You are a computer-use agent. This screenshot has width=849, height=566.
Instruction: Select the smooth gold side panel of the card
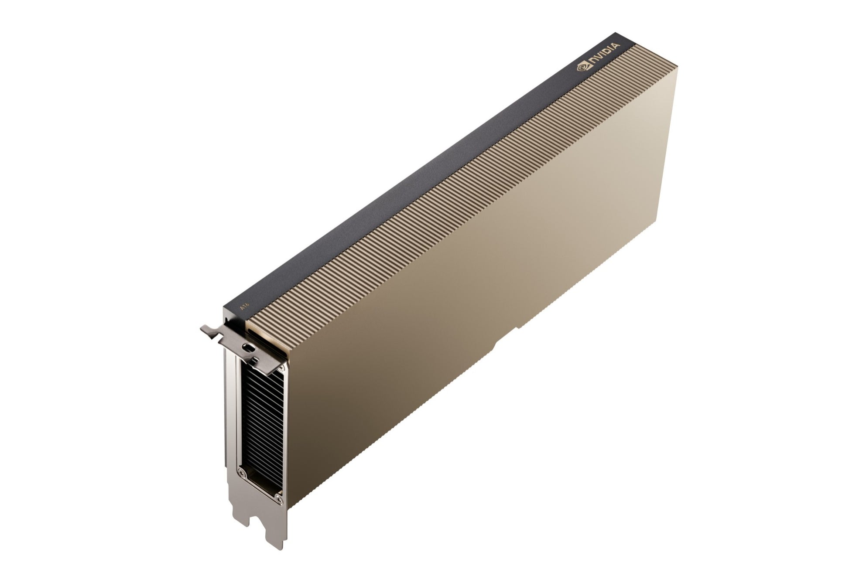[x=502, y=283]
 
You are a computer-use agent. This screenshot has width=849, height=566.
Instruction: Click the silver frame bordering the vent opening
[x=238, y=414]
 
